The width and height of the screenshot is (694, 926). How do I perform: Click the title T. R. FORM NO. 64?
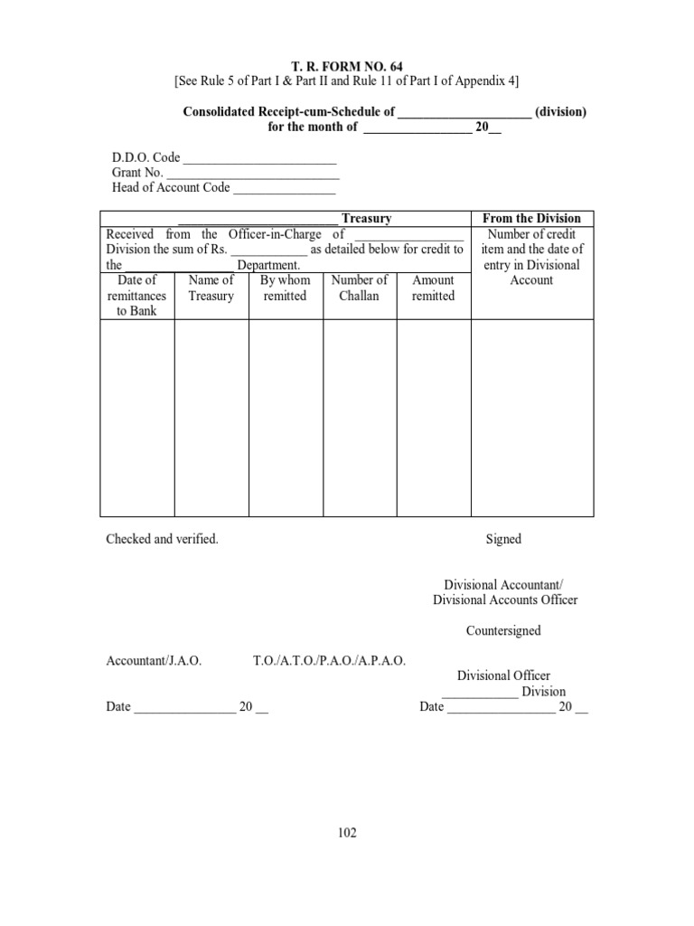(x=348, y=65)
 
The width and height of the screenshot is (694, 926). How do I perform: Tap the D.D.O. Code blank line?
(x=259, y=158)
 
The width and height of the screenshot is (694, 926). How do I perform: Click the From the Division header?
(x=532, y=219)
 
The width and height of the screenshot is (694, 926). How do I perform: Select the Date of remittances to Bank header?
(x=137, y=296)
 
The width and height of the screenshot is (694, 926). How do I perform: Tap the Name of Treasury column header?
(x=211, y=288)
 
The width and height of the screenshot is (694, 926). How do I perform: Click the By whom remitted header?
(x=286, y=288)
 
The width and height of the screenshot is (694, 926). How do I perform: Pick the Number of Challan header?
(x=360, y=288)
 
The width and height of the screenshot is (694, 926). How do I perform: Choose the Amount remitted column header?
(x=434, y=288)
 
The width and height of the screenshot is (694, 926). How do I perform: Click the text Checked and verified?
(x=163, y=539)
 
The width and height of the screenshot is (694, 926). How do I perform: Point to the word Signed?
(x=503, y=539)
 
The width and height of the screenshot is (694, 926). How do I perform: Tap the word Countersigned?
(x=503, y=630)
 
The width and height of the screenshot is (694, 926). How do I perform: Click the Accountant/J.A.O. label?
(x=154, y=661)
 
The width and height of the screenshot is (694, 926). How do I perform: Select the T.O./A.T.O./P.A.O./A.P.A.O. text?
(x=329, y=661)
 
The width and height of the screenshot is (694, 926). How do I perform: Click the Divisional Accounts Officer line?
(x=505, y=600)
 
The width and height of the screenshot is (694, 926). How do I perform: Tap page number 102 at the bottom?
(x=347, y=833)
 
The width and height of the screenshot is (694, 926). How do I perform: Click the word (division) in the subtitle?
(x=561, y=112)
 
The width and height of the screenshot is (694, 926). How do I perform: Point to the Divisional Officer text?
(x=503, y=676)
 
